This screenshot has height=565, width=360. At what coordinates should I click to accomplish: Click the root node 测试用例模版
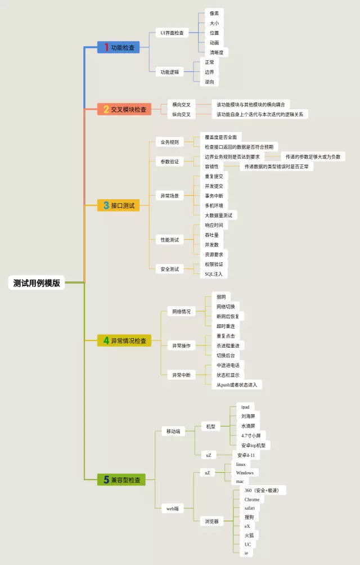click(37, 283)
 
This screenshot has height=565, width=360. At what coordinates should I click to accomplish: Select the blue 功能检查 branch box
click(119, 48)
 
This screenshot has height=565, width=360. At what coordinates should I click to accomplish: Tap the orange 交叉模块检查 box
click(124, 109)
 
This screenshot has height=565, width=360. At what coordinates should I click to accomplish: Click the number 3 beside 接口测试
click(106, 206)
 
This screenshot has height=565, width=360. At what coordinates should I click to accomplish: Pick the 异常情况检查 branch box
click(124, 340)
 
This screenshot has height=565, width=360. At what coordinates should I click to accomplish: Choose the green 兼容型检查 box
click(121, 480)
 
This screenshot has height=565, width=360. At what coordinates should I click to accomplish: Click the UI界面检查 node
click(172, 33)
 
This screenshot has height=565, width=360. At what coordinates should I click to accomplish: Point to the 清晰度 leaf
click(217, 52)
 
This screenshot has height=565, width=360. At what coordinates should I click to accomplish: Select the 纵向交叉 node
click(181, 114)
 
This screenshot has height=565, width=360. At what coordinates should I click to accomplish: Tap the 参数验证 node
click(169, 162)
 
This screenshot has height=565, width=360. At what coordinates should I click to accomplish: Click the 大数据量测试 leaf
click(220, 215)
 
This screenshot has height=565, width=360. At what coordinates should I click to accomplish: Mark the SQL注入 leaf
click(214, 274)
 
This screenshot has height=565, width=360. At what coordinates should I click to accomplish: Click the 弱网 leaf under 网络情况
click(221, 297)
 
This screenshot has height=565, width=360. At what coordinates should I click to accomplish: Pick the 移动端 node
click(173, 431)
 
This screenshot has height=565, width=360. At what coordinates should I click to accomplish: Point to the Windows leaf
click(245, 473)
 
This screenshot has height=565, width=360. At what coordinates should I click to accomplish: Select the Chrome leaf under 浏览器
click(252, 499)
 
